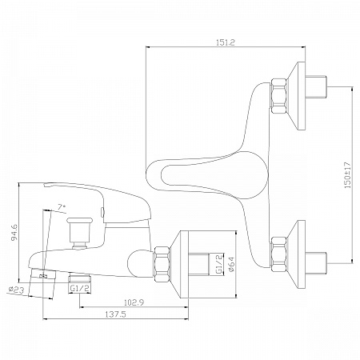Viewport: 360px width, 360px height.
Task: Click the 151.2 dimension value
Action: point(226,42)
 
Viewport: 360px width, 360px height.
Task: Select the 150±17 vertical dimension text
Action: point(348,175)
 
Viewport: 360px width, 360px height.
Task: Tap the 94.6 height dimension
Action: point(14,232)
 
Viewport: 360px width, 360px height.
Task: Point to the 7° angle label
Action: point(62,207)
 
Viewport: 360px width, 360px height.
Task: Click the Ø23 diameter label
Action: point(16,290)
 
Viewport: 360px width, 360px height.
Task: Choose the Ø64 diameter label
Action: point(231,264)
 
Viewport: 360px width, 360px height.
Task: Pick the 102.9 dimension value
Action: point(134,302)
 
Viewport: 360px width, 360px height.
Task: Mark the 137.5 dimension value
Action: point(115,314)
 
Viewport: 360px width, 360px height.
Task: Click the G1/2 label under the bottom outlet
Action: point(80,288)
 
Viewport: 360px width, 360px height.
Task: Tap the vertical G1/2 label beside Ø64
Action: point(218,264)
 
